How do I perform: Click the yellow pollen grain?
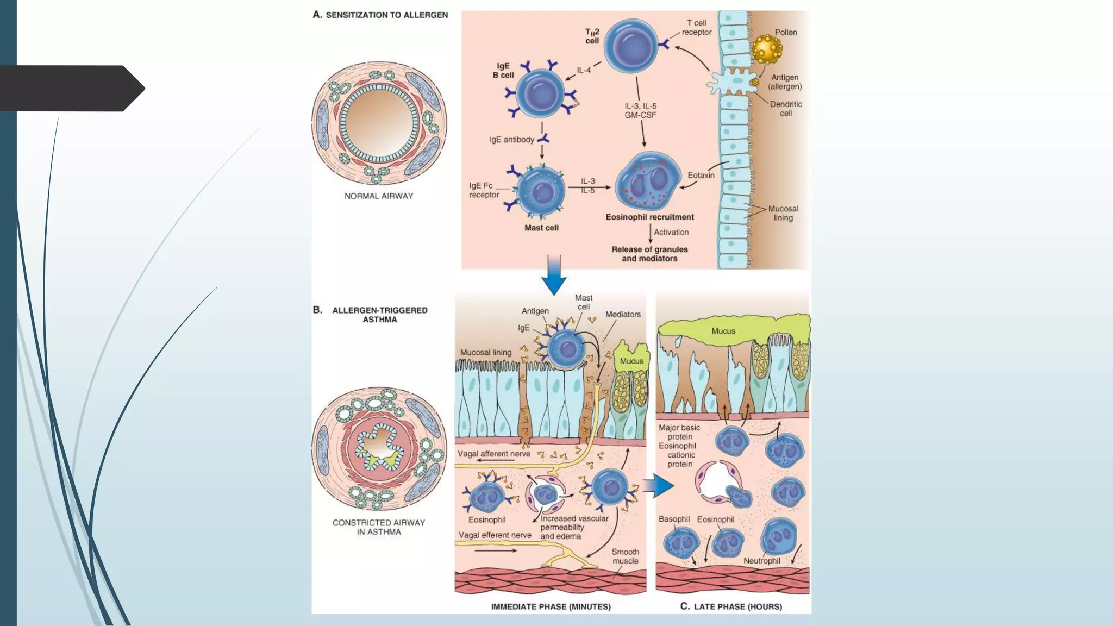[x=767, y=49]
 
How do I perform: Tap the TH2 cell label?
[x=592, y=36]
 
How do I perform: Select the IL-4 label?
[x=584, y=71]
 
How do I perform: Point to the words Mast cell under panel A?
[x=541, y=228]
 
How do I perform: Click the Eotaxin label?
[x=701, y=176]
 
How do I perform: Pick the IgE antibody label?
[x=511, y=140]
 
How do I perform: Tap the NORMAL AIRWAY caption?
[x=379, y=196]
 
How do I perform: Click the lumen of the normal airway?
[x=379, y=123]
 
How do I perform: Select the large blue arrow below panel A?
[x=554, y=275]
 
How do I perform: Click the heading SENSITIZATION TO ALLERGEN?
[x=386, y=15]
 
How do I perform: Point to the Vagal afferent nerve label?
[x=493, y=454]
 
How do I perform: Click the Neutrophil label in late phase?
[x=761, y=561]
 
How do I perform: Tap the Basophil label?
[x=674, y=519]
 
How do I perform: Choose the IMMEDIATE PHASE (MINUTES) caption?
[x=551, y=606]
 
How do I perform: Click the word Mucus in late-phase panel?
[x=723, y=331]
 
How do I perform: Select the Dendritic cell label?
[x=786, y=109]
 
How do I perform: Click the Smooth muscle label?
[x=625, y=556]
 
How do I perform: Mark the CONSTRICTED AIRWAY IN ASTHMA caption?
[x=379, y=527]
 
